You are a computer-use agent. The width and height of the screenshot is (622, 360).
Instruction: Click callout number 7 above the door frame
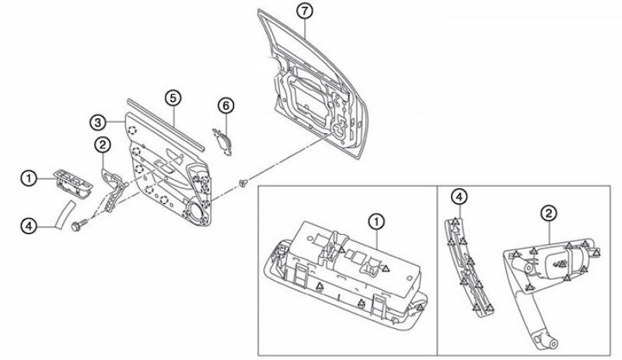coord(304,11)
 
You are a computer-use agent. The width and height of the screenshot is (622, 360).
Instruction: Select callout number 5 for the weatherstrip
coord(173,98)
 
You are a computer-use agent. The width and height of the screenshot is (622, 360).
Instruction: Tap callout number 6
coord(226,106)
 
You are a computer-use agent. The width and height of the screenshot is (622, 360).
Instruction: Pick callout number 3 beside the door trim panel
coord(98,123)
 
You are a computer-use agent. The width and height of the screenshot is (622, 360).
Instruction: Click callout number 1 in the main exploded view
coord(29,178)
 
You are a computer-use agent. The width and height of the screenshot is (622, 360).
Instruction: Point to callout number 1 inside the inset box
coord(376,222)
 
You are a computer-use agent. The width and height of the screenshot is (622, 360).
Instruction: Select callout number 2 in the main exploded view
coord(103,145)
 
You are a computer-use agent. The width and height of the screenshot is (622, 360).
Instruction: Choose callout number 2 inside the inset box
coord(549,214)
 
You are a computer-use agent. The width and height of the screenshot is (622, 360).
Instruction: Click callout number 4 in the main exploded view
coord(29,226)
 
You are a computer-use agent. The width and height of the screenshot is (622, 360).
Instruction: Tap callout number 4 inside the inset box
coord(459,197)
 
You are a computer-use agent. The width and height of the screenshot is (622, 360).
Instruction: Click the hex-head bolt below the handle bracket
coord(78,225)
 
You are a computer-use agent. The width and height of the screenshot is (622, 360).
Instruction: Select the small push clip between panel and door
coord(243,183)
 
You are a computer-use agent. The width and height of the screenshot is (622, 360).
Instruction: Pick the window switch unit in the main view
coord(73,183)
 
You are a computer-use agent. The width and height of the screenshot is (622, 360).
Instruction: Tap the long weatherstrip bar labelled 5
coord(166,124)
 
